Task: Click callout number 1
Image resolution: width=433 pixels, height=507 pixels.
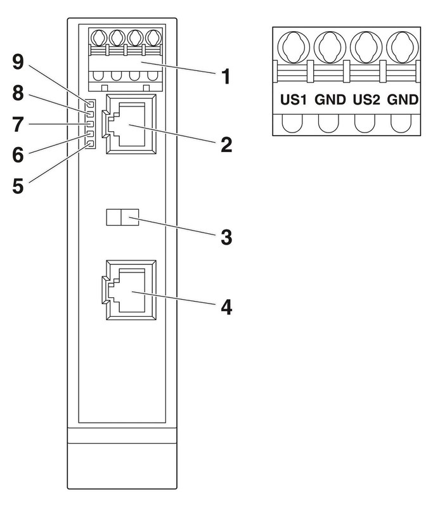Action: tap(226, 77)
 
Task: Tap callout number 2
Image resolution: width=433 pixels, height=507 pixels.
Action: tap(226, 144)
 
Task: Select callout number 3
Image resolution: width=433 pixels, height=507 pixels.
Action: tap(226, 237)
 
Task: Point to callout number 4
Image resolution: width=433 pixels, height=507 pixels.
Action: tap(226, 307)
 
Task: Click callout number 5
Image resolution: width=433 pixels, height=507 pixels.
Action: tap(18, 186)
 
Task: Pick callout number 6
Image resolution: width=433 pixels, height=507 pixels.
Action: tap(18, 154)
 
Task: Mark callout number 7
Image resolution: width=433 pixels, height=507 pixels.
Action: tap(18, 124)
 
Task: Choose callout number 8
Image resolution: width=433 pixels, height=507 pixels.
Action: tap(18, 93)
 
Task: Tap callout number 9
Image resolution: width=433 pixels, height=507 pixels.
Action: tap(18, 61)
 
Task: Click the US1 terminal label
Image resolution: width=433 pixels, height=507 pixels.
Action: tap(294, 99)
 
